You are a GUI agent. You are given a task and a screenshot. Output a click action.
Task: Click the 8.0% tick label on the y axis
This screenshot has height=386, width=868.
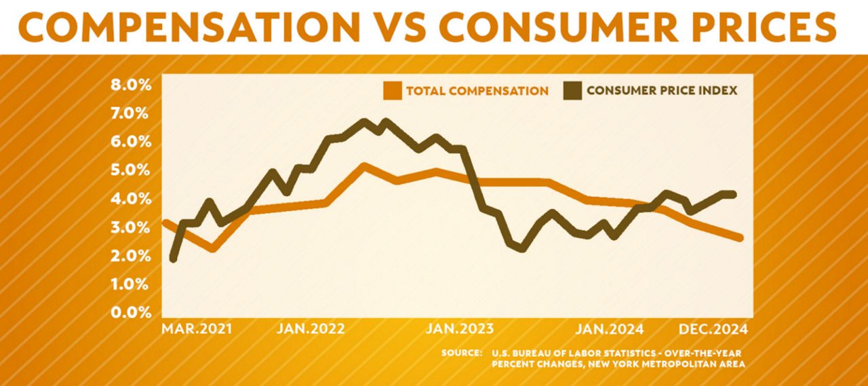tap(131, 85)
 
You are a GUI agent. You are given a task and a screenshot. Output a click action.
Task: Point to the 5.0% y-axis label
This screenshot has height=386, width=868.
tap(131, 170)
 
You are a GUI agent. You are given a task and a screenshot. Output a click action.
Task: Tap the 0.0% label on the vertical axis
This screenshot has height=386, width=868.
tap(131, 312)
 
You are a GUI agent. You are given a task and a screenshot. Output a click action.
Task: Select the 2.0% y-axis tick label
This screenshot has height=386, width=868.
tap(131, 256)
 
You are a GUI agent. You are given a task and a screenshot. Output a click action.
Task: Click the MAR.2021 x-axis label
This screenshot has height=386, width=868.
tap(197, 329)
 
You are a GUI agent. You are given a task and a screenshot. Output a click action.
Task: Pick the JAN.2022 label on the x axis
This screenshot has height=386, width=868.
tap(311, 329)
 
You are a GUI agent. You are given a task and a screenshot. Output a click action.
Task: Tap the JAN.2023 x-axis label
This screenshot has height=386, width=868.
tap(460, 329)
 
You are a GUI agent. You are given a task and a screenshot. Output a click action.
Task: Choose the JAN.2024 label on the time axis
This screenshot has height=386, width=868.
tap(609, 329)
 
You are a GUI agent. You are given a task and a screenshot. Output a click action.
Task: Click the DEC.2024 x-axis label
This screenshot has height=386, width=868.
tap(713, 329)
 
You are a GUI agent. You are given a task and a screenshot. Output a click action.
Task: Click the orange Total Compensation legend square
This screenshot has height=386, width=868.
tap(393, 91)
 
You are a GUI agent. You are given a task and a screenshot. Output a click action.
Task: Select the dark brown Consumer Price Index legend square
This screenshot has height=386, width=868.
tap(572, 91)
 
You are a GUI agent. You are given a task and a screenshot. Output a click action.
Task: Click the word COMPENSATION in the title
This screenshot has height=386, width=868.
tap(189, 26)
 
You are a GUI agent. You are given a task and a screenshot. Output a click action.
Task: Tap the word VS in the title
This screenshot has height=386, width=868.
tap(400, 26)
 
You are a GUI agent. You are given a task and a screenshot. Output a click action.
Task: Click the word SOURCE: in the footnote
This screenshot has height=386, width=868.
tap(462, 353)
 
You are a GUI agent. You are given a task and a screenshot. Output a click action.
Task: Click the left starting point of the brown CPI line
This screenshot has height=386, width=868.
tap(174, 258)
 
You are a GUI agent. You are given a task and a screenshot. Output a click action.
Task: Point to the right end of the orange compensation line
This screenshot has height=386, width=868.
tap(740, 238)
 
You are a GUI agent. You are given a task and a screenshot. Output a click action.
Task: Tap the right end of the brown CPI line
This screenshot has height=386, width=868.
tap(733, 195)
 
